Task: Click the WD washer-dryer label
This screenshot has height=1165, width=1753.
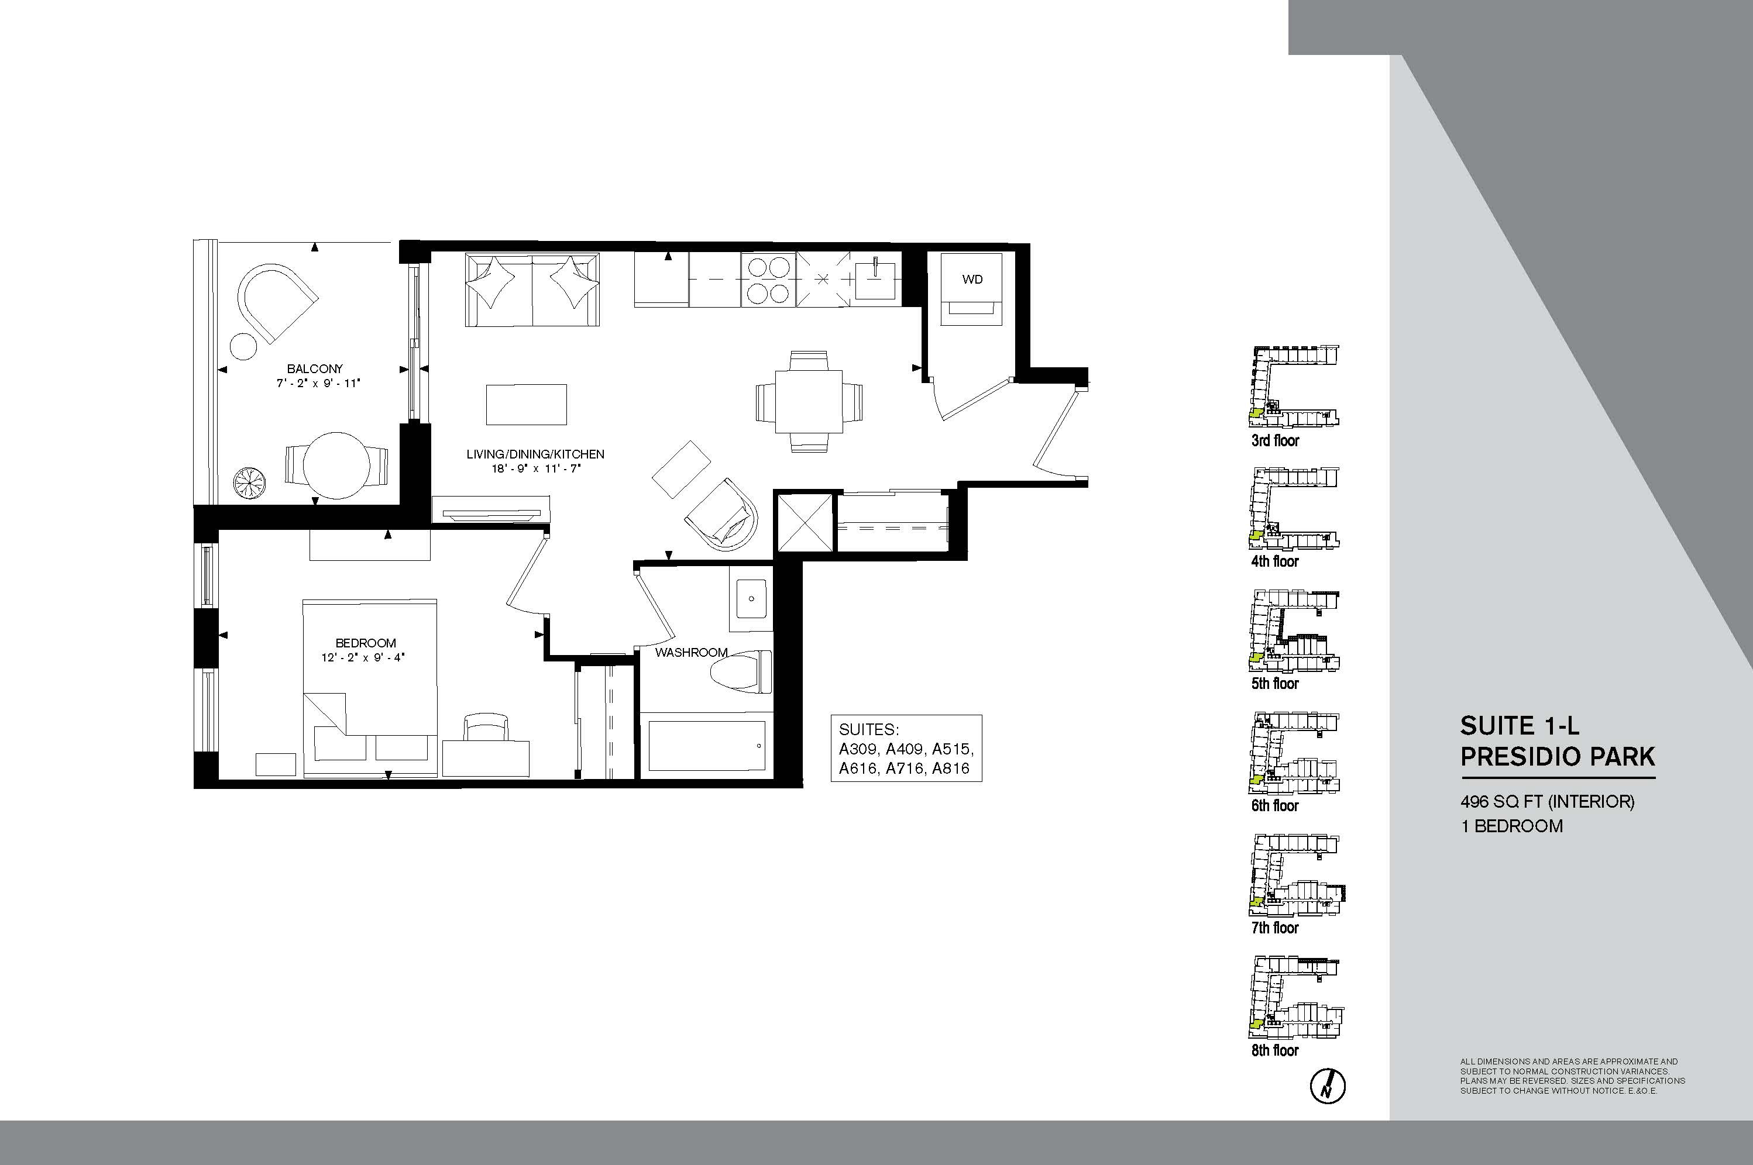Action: click(972, 280)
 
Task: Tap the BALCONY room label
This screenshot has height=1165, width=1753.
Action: click(315, 368)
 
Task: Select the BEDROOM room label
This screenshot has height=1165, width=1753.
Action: click(366, 643)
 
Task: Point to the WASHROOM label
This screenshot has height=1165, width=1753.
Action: click(691, 652)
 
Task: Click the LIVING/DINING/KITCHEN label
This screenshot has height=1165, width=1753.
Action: click(535, 454)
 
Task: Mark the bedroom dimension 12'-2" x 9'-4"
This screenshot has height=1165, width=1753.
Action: click(363, 657)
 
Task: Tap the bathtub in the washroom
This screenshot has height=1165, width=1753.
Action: click(706, 745)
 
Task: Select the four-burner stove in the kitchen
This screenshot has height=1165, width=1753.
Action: click(768, 280)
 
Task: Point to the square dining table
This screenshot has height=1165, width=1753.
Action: click(809, 401)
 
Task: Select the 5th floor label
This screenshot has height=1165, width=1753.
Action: click(1275, 684)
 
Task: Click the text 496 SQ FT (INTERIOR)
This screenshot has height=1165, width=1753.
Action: click(1547, 802)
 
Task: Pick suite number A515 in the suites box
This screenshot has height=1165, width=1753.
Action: click(952, 749)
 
